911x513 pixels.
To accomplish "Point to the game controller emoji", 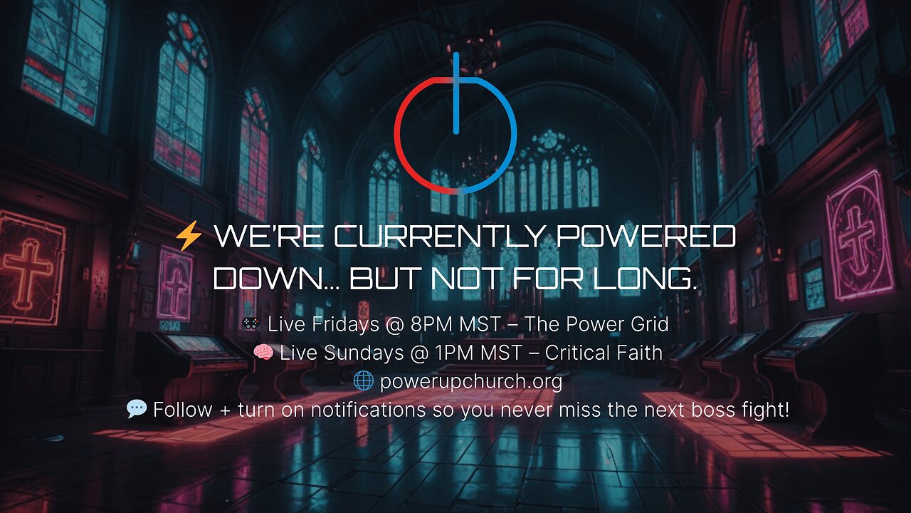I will click(251, 325).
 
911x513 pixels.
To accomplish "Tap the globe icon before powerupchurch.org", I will click(363, 382).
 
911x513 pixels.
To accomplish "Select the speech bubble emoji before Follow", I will click(136, 410).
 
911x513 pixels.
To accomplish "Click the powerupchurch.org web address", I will click(470, 382).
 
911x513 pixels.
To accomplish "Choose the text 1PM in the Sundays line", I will click(436, 353).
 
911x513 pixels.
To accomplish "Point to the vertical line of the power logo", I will click(455, 93).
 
